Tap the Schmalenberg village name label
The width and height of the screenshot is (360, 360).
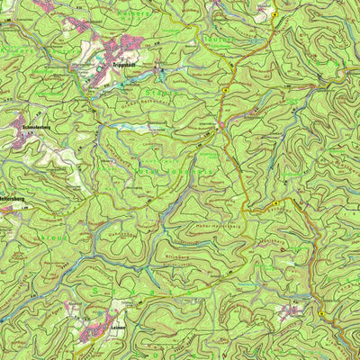pos(32,127)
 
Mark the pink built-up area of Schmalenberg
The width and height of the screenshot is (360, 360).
pos(27,139)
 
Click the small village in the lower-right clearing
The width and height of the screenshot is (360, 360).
pos(290,311)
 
